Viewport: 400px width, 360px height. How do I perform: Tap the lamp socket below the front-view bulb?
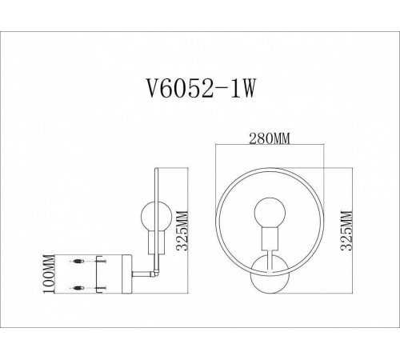coord(266,238)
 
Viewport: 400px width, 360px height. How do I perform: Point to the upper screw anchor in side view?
coord(78,262)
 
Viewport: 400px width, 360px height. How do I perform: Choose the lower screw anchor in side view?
coord(78,286)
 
